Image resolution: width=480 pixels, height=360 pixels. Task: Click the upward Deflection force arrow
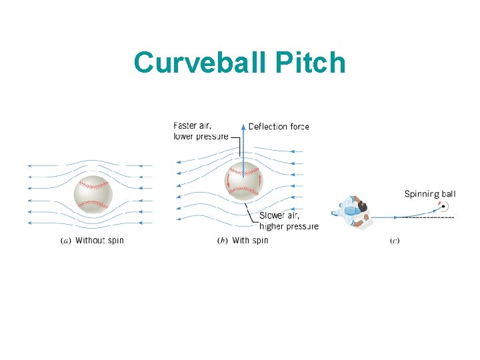pos(243,143)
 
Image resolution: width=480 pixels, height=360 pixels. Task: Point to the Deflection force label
pos(279,127)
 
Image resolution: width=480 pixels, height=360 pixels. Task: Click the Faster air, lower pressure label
pos(200,131)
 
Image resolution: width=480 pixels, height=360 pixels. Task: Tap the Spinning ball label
pos(430,195)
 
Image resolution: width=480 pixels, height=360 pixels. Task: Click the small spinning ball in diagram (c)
pos(443,206)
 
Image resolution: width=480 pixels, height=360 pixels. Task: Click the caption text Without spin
pos(99,241)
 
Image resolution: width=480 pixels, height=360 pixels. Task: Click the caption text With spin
pos(250,241)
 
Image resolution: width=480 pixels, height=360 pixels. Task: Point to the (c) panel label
pos(395,241)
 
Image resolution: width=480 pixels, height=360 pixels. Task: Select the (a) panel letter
pos(66,241)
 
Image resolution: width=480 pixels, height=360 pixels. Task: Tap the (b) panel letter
pos(223,241)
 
